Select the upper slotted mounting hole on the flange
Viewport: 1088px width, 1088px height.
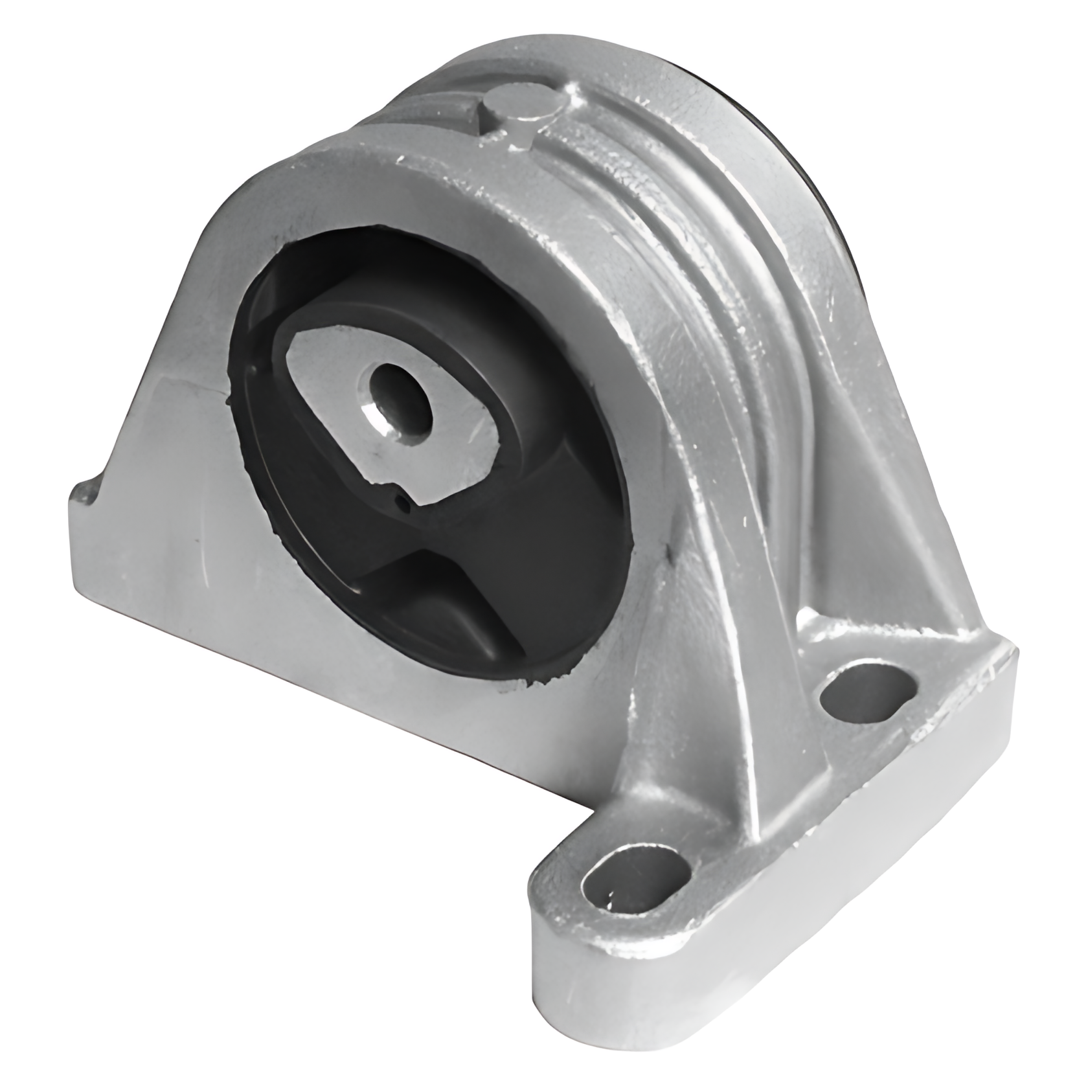[x=868, y=692]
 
